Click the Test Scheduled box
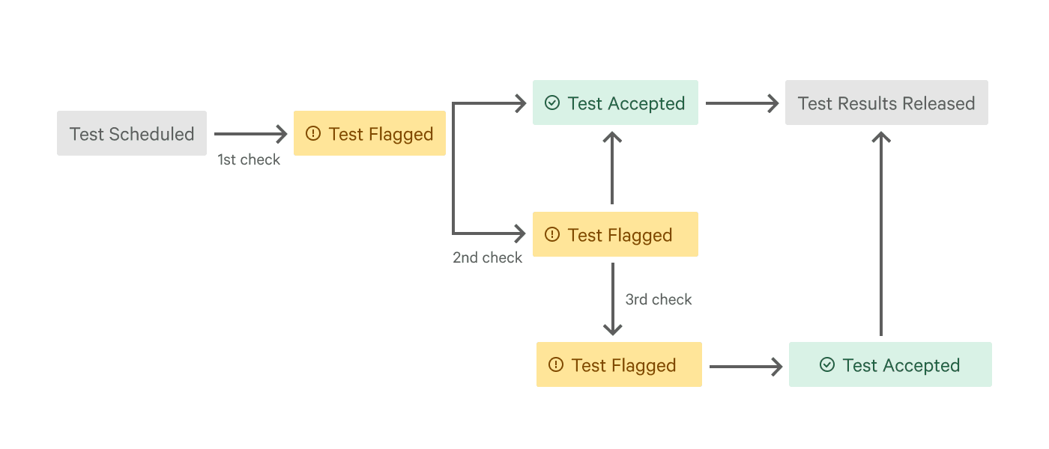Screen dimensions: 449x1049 132,134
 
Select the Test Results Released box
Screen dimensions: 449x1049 886,103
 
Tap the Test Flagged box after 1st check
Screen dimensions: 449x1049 369,134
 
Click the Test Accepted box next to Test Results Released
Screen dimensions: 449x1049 615,103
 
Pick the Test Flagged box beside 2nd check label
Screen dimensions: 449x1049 615,235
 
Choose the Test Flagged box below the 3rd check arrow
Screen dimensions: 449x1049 619,365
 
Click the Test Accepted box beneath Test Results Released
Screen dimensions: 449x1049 890,365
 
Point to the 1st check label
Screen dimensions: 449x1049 249,160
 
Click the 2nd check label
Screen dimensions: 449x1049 487,258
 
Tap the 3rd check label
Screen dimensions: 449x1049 659,300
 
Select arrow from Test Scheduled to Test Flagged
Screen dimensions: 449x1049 250,134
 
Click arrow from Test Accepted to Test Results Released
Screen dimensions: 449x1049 742,103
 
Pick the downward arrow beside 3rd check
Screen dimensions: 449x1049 613,299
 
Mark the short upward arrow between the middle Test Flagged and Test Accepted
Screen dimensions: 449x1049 613,168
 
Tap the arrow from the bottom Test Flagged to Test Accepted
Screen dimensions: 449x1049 746,367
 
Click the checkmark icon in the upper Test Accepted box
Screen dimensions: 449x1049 552,103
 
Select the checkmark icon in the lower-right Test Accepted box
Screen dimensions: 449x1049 827,365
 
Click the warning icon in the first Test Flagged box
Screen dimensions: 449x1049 313,134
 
